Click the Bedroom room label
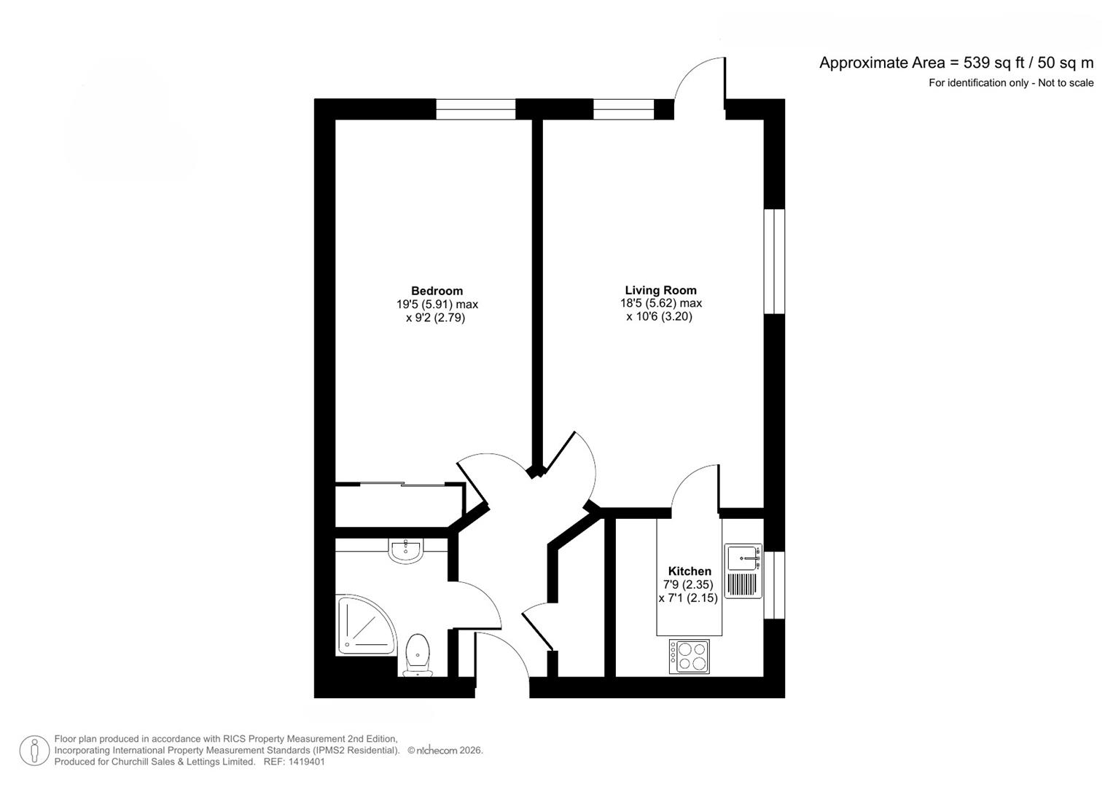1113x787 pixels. point(437,291)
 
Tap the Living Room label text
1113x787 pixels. point(660,290)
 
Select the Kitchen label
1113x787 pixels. point(690,571)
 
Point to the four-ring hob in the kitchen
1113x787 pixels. point(690,656)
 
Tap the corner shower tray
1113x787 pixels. point(363,624)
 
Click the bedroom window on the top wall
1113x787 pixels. point(476,110)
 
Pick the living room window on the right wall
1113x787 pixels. point(774,262)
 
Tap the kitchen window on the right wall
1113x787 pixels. point(774,585)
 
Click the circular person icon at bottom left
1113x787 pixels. point(34,751)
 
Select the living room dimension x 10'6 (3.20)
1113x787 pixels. point(659,317)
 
